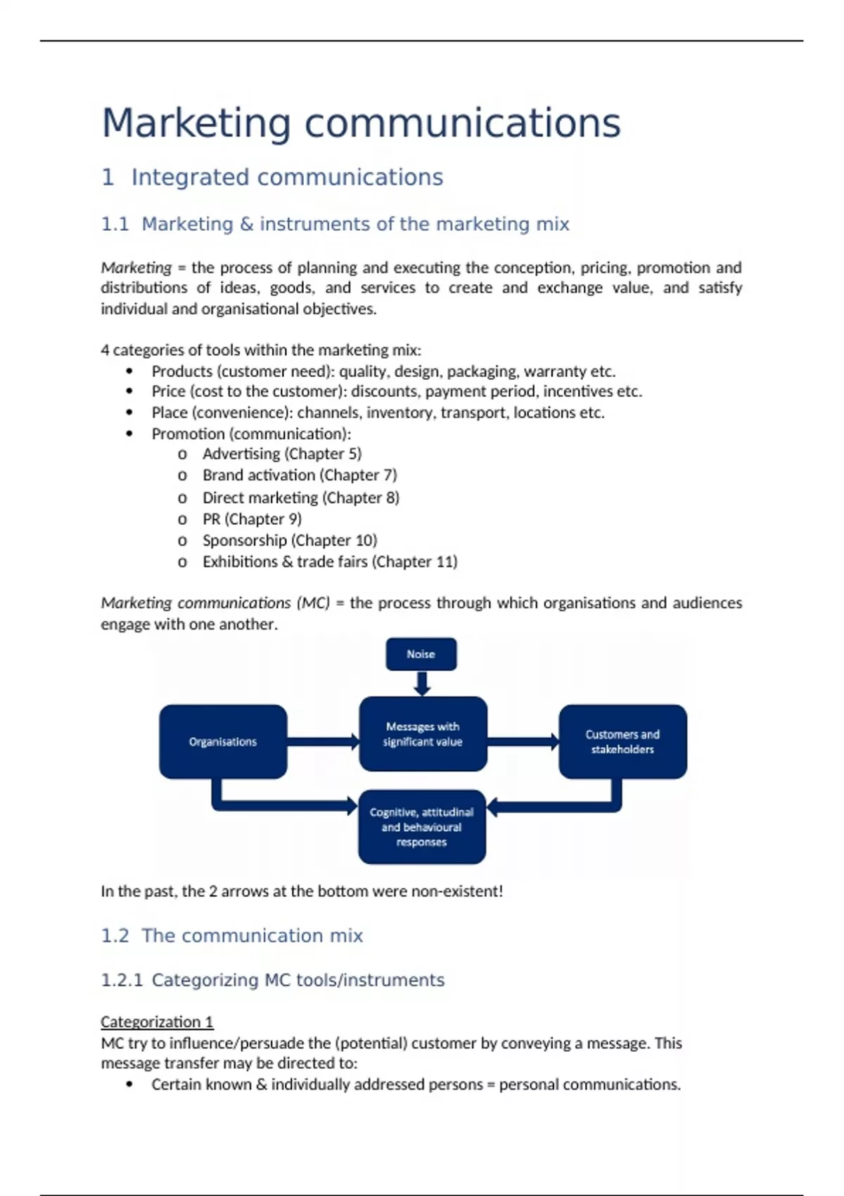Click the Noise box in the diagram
coord(421,654)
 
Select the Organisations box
coord(223,742)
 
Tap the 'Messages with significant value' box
coord(423,734)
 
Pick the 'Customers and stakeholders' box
coord(622,742)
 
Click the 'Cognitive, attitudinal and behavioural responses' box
coord(421,827)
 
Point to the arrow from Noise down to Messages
coord(422,683)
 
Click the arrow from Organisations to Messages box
coord(324,742)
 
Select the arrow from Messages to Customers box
coord(523,742)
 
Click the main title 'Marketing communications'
coord(361,123)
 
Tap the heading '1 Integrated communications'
coord(272,177)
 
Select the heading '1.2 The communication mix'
coord(232,936)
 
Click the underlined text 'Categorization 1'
coord(157,1022)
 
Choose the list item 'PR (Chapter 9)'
coord(252,519)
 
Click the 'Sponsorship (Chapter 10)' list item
coord(290,540)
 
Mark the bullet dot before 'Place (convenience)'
coord(129,413)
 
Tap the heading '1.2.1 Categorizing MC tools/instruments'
coord(273,980)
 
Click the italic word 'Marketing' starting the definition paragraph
coord(136,268)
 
